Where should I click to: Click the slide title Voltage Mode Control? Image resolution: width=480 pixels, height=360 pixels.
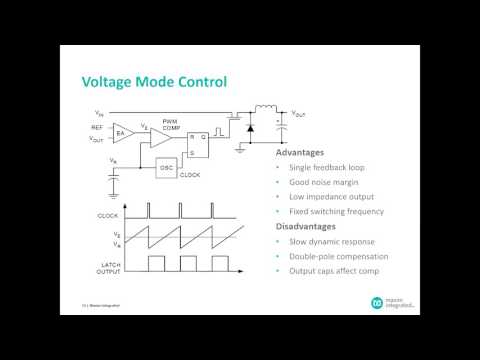tap(153, 81)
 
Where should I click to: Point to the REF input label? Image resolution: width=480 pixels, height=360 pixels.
tap(97, 127)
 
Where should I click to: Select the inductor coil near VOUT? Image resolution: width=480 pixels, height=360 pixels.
tap(266, 110)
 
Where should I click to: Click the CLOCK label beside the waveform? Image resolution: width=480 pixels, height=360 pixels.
tap(107, 216)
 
